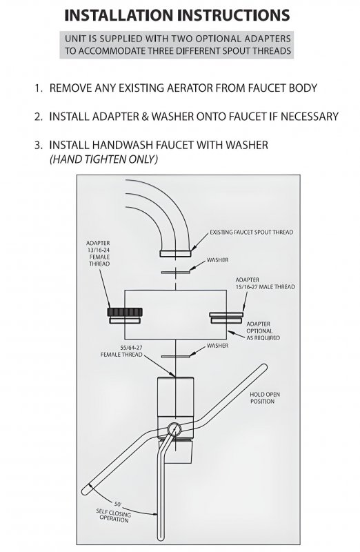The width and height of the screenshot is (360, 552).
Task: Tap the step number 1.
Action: click(x=38, y=88)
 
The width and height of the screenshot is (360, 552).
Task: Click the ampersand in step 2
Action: click(x=145, y=117)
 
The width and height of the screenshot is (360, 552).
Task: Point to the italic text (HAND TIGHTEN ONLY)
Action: click(x=103, y=159)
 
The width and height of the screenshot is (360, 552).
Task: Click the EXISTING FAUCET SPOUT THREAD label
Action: click(x=251, y=233)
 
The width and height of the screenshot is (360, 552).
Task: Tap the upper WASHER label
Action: click(x=217, y=260)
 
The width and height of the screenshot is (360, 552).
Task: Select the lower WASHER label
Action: click(x=217, y=346)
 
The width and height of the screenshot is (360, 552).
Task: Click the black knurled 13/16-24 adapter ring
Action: click(x=125, y=312)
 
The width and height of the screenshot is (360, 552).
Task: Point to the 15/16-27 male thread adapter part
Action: click(x=226, y=317)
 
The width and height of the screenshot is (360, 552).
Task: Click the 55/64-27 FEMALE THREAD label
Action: click(x=121, y=351)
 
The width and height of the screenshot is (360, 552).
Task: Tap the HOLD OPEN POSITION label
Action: click(x=265, y=398)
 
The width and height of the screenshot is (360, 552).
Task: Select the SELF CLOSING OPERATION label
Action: click(x=113, y=515)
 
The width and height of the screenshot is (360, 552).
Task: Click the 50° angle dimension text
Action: click(x=117, y=504)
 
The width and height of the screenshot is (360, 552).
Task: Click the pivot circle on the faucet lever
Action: click(x=174, y=429)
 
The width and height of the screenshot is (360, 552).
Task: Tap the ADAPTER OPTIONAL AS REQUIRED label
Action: click(x=263, y=331)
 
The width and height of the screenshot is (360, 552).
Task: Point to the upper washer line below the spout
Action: click(x=176, y=272)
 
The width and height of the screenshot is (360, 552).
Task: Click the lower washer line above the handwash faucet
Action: click(x=176, y=357)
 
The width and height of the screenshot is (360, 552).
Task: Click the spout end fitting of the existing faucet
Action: click(x=175, y=253)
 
